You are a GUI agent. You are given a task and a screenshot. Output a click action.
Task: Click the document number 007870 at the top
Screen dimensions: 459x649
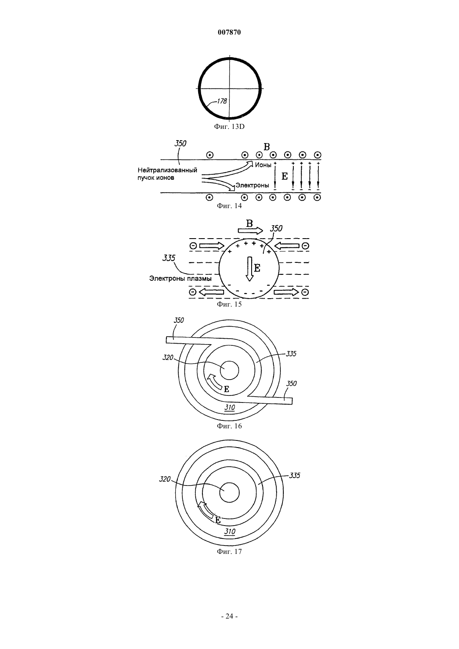[229, 32]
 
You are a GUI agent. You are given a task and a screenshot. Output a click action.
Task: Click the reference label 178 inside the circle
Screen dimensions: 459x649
[222, 101]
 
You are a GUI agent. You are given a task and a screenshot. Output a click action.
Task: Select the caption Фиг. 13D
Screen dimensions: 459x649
[229, 127]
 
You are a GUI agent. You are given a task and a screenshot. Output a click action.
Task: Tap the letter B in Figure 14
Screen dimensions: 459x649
[267, 147]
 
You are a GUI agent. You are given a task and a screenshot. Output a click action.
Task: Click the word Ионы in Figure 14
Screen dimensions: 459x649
[263, 165]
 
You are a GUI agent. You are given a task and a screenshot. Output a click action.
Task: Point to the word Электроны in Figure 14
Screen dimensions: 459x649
[252, 185]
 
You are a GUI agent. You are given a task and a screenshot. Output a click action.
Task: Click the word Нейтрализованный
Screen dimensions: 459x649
[167, 170]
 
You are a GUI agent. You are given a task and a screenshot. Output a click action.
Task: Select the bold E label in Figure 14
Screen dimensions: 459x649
[285, 176]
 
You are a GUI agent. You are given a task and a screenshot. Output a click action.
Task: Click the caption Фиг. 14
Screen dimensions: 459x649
[229, 206]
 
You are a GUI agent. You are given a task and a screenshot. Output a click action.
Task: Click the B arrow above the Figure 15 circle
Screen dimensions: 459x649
[250, 230]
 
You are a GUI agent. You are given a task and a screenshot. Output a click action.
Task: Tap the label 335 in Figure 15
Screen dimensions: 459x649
[169, 258]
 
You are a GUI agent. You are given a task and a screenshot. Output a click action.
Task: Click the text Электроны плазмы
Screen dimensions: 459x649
[180, 279]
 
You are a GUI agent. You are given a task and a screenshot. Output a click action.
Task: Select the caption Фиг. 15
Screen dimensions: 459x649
[229, 304]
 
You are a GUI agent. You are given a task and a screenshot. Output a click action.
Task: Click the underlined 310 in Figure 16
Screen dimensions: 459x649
[230, 408]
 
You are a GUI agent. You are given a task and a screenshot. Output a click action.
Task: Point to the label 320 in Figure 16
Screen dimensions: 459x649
[168, 357]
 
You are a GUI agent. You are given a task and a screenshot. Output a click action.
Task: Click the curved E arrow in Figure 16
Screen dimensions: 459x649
[215, 382]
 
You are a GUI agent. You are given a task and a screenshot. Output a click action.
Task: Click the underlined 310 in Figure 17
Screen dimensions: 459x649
[230, 532]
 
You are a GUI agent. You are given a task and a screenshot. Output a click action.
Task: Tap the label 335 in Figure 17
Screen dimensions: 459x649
[295, 475]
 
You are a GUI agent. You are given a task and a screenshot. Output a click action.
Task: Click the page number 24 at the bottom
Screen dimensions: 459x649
[229, 616]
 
